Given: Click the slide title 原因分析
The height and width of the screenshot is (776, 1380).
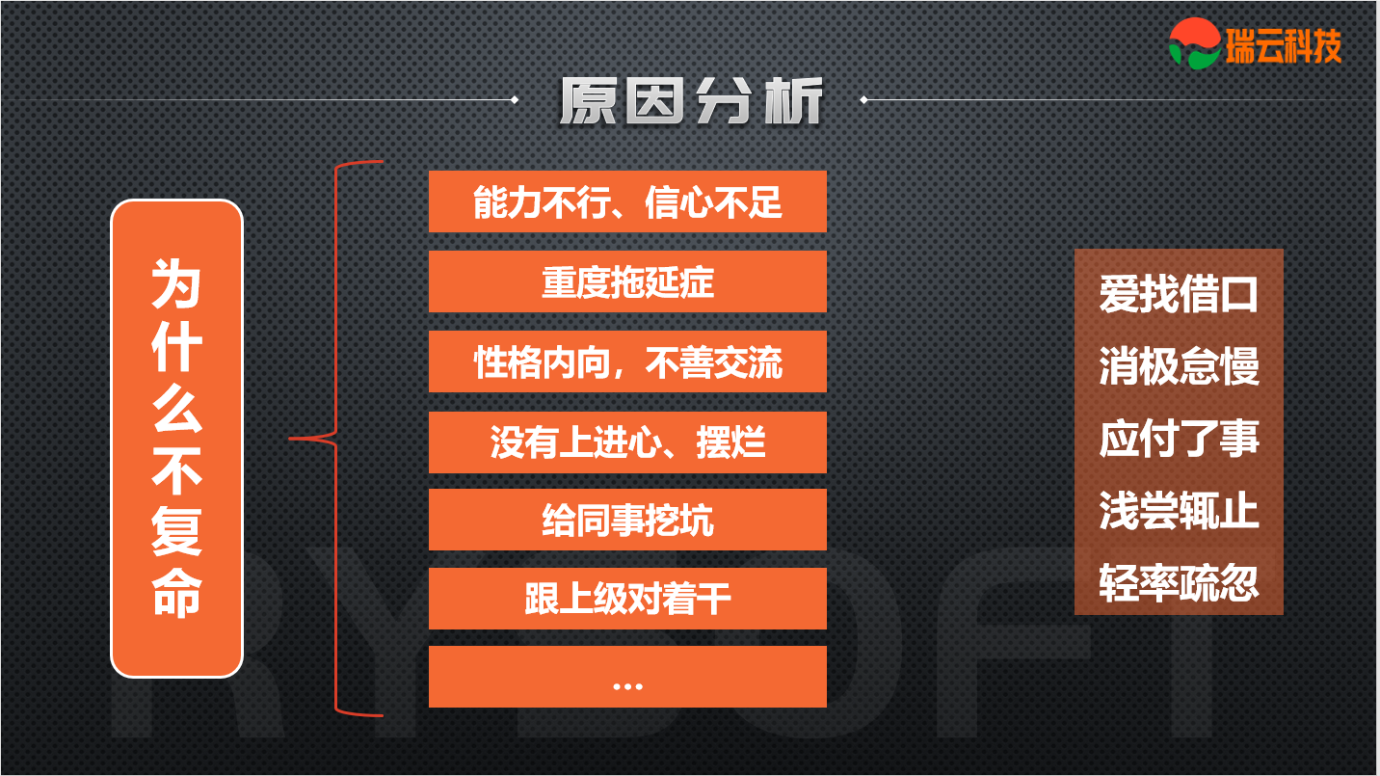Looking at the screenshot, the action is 691,100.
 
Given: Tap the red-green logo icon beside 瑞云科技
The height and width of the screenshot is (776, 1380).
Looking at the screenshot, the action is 1195,43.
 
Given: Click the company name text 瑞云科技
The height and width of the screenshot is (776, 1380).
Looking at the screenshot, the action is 1284,45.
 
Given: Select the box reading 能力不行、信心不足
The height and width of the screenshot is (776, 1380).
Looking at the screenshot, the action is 627,201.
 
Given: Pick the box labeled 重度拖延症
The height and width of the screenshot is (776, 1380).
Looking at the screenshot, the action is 627,281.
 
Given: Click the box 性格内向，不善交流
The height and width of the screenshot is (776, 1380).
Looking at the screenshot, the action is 627,361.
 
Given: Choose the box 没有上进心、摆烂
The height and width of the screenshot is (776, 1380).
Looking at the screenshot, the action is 627,442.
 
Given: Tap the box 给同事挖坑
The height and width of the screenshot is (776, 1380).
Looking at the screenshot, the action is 627,520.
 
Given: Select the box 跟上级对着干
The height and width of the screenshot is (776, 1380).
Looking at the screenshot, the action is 627,599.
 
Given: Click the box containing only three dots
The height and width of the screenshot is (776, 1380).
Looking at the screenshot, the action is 627,677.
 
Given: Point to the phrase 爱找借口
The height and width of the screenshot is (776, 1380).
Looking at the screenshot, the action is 1179,294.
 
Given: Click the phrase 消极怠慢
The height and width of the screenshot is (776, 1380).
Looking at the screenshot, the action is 1179,366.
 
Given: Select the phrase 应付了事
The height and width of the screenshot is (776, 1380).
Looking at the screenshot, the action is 1179,439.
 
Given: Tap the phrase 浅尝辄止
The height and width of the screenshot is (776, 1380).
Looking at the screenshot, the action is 1179,510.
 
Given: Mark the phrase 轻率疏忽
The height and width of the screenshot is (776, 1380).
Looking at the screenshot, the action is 1179,583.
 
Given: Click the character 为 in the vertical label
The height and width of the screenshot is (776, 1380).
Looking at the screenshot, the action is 176,283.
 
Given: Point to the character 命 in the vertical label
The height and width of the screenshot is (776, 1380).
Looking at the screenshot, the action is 176,593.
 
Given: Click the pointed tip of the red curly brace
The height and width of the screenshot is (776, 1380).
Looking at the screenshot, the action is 290,439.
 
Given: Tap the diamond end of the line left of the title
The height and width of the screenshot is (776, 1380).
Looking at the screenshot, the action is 515,100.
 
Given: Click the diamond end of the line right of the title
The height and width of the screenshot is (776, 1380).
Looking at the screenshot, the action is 863,100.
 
